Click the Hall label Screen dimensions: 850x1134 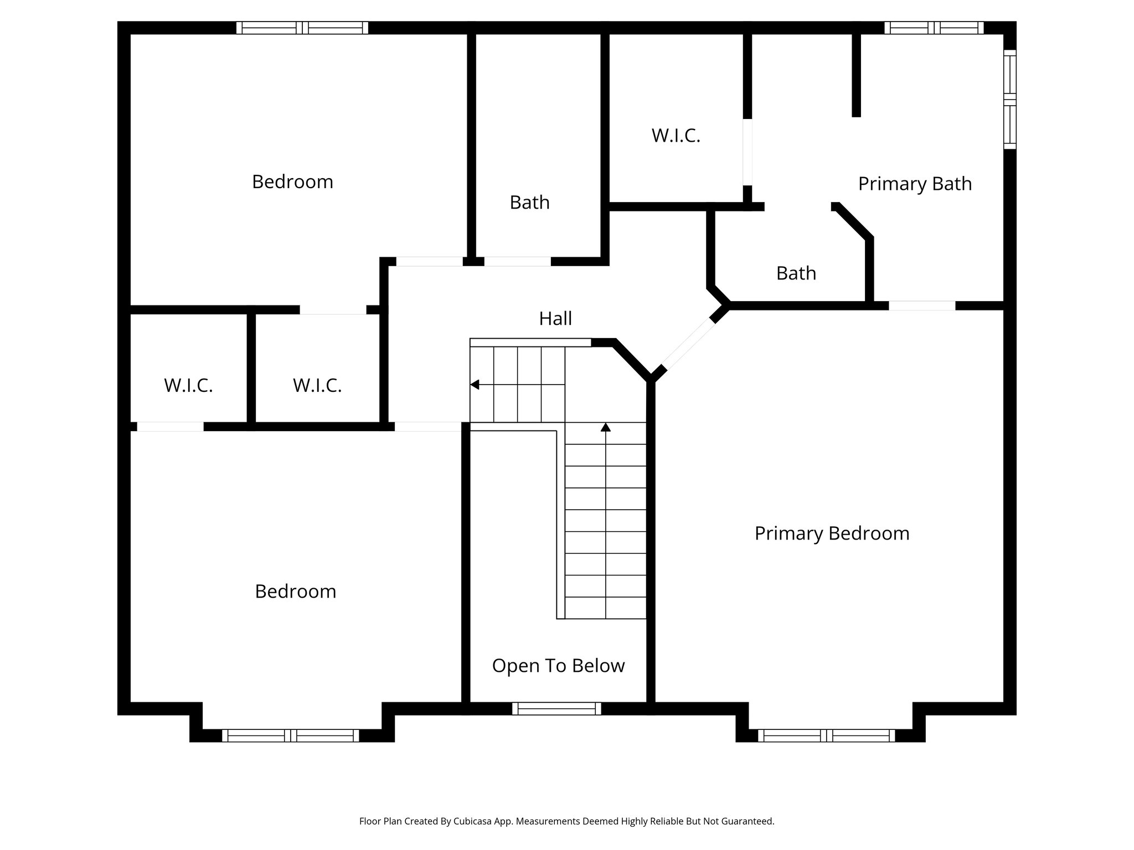pyautogui.click(x=555, y=319)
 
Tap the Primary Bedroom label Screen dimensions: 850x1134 pyautogui.click(x=832, y=533)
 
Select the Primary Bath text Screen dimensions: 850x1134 pyautogui.click(x=915, y=184)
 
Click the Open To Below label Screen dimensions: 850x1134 pyautogui.click(x=558, y=666)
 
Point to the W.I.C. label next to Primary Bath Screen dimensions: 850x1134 pyautogui.click(x=676, y=136)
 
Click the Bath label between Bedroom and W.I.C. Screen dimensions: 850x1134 pyautogui.click(x=529, y=203)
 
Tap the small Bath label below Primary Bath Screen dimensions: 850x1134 pyautogui.click(x=796, y=273)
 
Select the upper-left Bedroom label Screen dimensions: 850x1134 pyautogui.click(x=292, y=182)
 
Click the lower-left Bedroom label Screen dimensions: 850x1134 pyautogui.click(x=295, y=592)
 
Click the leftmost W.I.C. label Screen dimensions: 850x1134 pyautogui.click(x=188, y=386)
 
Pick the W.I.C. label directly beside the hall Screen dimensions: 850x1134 pyautogui.click(x=317, y=386)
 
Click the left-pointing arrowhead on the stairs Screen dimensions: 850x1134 pyautogui.click(x=475, y=385)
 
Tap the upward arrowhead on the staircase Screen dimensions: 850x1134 pyautogui.click(x=606, y=427)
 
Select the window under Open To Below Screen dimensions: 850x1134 pyautogui.click(x=556, y=708)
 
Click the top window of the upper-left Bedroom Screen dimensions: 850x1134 pyautogui.click(x=302, y=28)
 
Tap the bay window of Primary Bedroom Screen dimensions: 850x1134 pyautogui.click(x=826, y=735)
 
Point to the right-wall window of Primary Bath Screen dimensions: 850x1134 pyautogui.click(x=1010, y=100)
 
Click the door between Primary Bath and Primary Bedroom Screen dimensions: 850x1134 pyautogui.click(x=922, y=305)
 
